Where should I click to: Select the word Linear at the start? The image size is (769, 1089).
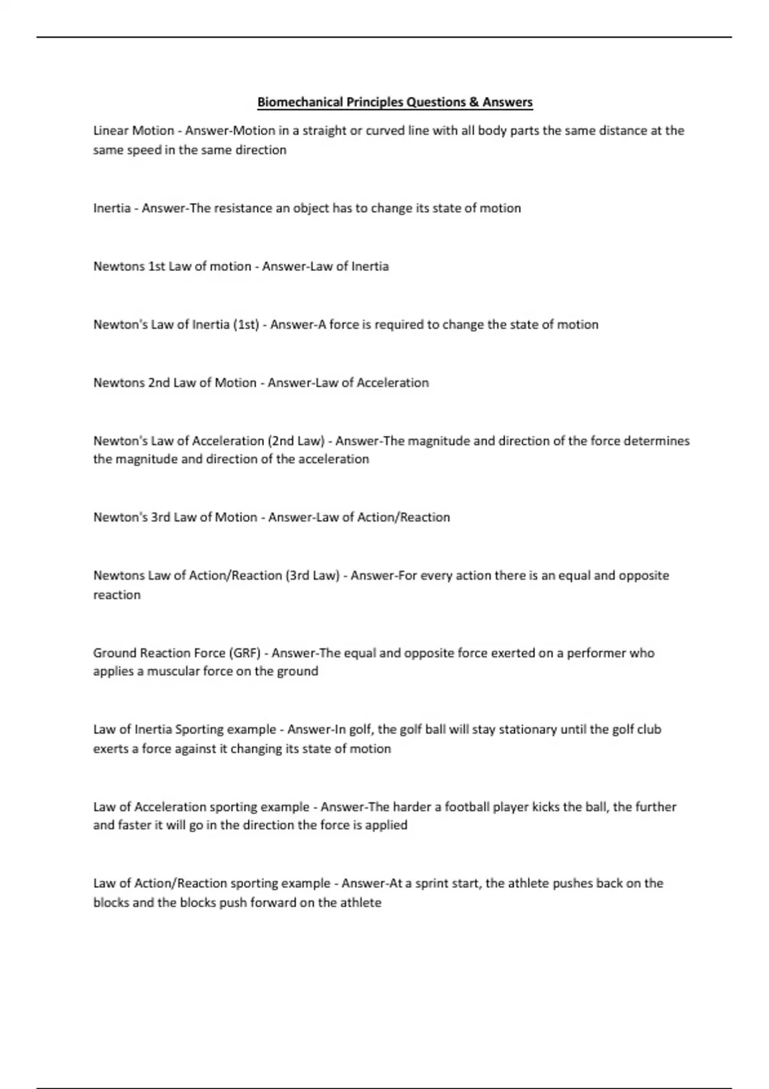110,131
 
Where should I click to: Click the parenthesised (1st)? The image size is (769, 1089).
246,325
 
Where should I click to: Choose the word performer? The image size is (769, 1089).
596,653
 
